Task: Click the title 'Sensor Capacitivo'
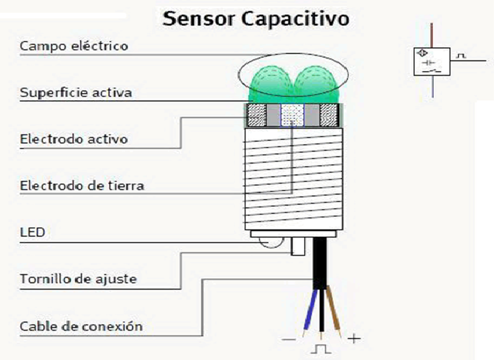coord(256,19)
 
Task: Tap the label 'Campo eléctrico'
coord(74,46)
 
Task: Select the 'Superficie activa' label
coord(75,92)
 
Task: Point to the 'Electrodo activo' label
coord(74,139)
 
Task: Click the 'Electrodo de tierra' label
coord(82,186)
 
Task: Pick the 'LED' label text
coord(32,232)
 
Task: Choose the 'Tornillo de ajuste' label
coord(78,279)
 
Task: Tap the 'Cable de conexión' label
coord(81,326)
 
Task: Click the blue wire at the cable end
coord(309,317)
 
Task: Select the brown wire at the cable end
coord(335,317)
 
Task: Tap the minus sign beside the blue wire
coord(289,340)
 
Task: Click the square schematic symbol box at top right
coord(431,61)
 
